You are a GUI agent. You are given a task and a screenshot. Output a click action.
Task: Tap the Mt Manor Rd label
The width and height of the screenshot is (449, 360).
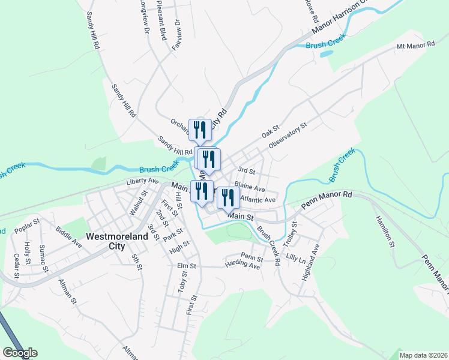pyautogui.click(x=415, y=46)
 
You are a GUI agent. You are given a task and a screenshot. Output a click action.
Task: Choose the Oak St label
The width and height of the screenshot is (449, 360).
pyautogui.click(x=271, y=130)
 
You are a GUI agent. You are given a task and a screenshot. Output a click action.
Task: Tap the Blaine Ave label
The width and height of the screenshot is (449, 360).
pyautogui.click(x=250, y=188)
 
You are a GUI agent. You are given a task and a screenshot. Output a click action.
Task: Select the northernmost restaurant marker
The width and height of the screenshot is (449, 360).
pyautogui.click(x=199, y=128)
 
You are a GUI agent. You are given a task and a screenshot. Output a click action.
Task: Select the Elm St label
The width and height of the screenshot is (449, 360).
pyautogui.click(x=187, y=265)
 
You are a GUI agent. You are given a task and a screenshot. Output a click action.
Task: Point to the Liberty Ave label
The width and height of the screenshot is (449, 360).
pyautogui.click(x=142, y=181)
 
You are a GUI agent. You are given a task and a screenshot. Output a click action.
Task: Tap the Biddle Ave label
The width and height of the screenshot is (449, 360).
pyautogui.click(x=69, y=237)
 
